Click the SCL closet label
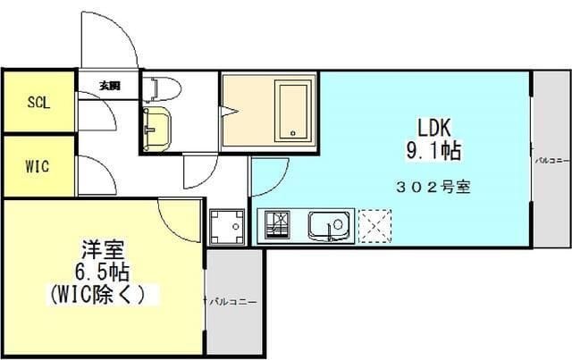click(x=38, y=102)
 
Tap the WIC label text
click(x=38, y=166)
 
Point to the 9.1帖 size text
click(x=433, y=151)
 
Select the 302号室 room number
click(x=433, y=188)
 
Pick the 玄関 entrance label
click(x=109, y=87)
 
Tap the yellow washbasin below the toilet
click(x=159, y=125)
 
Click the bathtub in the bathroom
click(x=293, y=110)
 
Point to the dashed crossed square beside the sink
click(x=374, y=225)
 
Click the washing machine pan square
click(x=227, y=226)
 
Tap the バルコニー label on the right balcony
click(x=548, y=162)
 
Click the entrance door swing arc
click(x=112, y=40)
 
